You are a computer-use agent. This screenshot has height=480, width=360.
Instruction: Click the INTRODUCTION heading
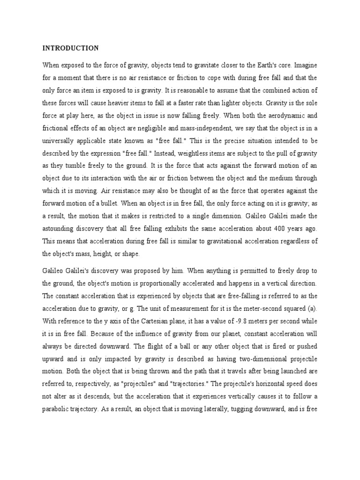point(70,48)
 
